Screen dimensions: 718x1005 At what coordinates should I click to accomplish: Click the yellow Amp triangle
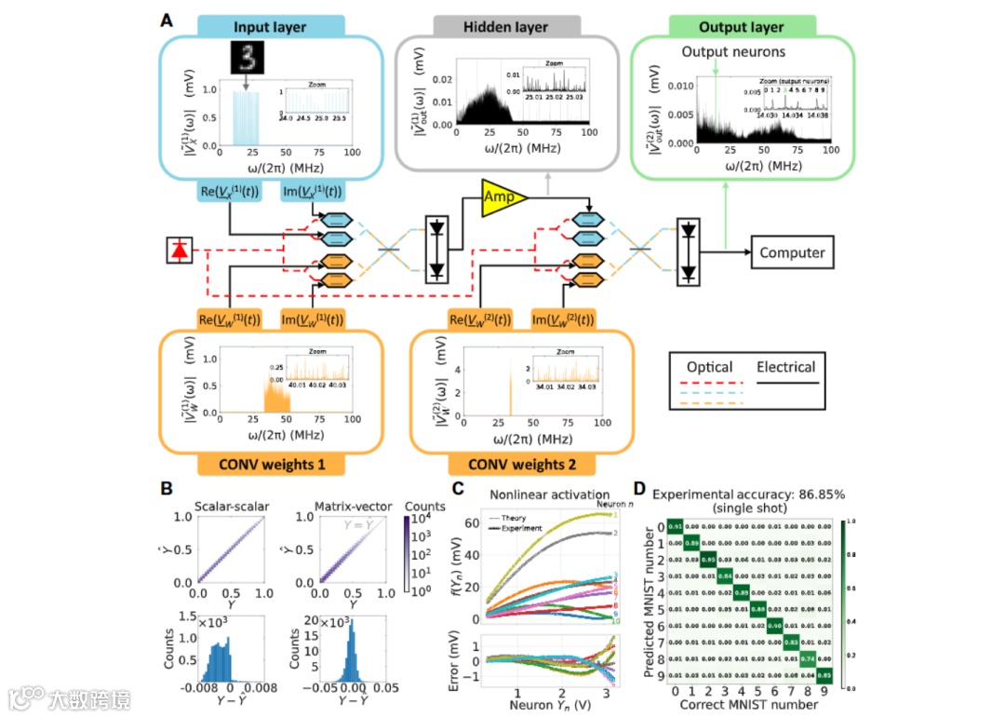501,197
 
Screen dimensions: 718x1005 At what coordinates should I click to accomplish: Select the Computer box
791,251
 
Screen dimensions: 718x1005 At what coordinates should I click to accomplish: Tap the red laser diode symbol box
179,251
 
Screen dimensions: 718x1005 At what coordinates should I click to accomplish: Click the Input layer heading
270,27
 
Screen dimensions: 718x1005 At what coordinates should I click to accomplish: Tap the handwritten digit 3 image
248,58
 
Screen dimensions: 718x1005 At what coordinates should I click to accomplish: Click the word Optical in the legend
710,367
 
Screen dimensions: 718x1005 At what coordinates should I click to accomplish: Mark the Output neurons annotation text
733,52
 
